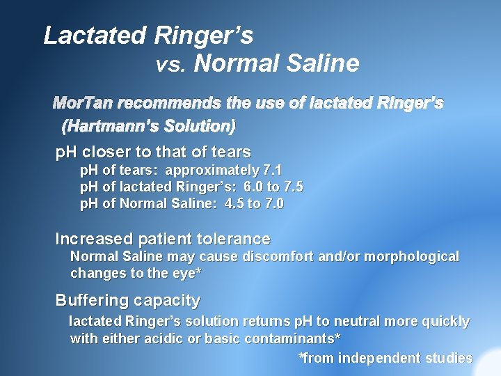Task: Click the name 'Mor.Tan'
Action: pos(83,104)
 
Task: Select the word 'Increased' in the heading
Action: pos(95,239)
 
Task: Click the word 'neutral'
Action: pos(362,322)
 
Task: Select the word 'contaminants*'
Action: pos(285,338)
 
